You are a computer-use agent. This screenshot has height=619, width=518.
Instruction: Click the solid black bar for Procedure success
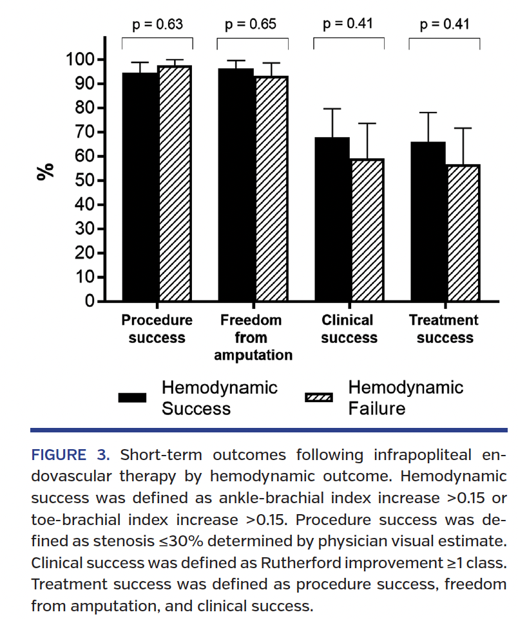point(140,187)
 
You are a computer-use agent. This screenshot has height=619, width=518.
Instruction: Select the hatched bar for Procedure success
point(175,183)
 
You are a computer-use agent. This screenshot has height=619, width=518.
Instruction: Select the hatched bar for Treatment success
point(463,233)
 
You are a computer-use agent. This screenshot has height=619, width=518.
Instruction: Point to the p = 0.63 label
point(157,25)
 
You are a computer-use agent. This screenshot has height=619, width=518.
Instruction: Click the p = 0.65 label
point(251,25)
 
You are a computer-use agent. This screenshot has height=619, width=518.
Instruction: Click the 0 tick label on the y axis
point(90,302)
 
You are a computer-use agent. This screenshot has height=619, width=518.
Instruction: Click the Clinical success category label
point(349,329)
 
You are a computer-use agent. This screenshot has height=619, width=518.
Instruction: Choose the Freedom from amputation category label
point(252,338)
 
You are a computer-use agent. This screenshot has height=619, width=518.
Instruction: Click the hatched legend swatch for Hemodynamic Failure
point(318,398)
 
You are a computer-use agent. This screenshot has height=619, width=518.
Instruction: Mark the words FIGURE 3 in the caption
point(71,456)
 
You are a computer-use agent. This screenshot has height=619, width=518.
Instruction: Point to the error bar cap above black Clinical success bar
point(332,109)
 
